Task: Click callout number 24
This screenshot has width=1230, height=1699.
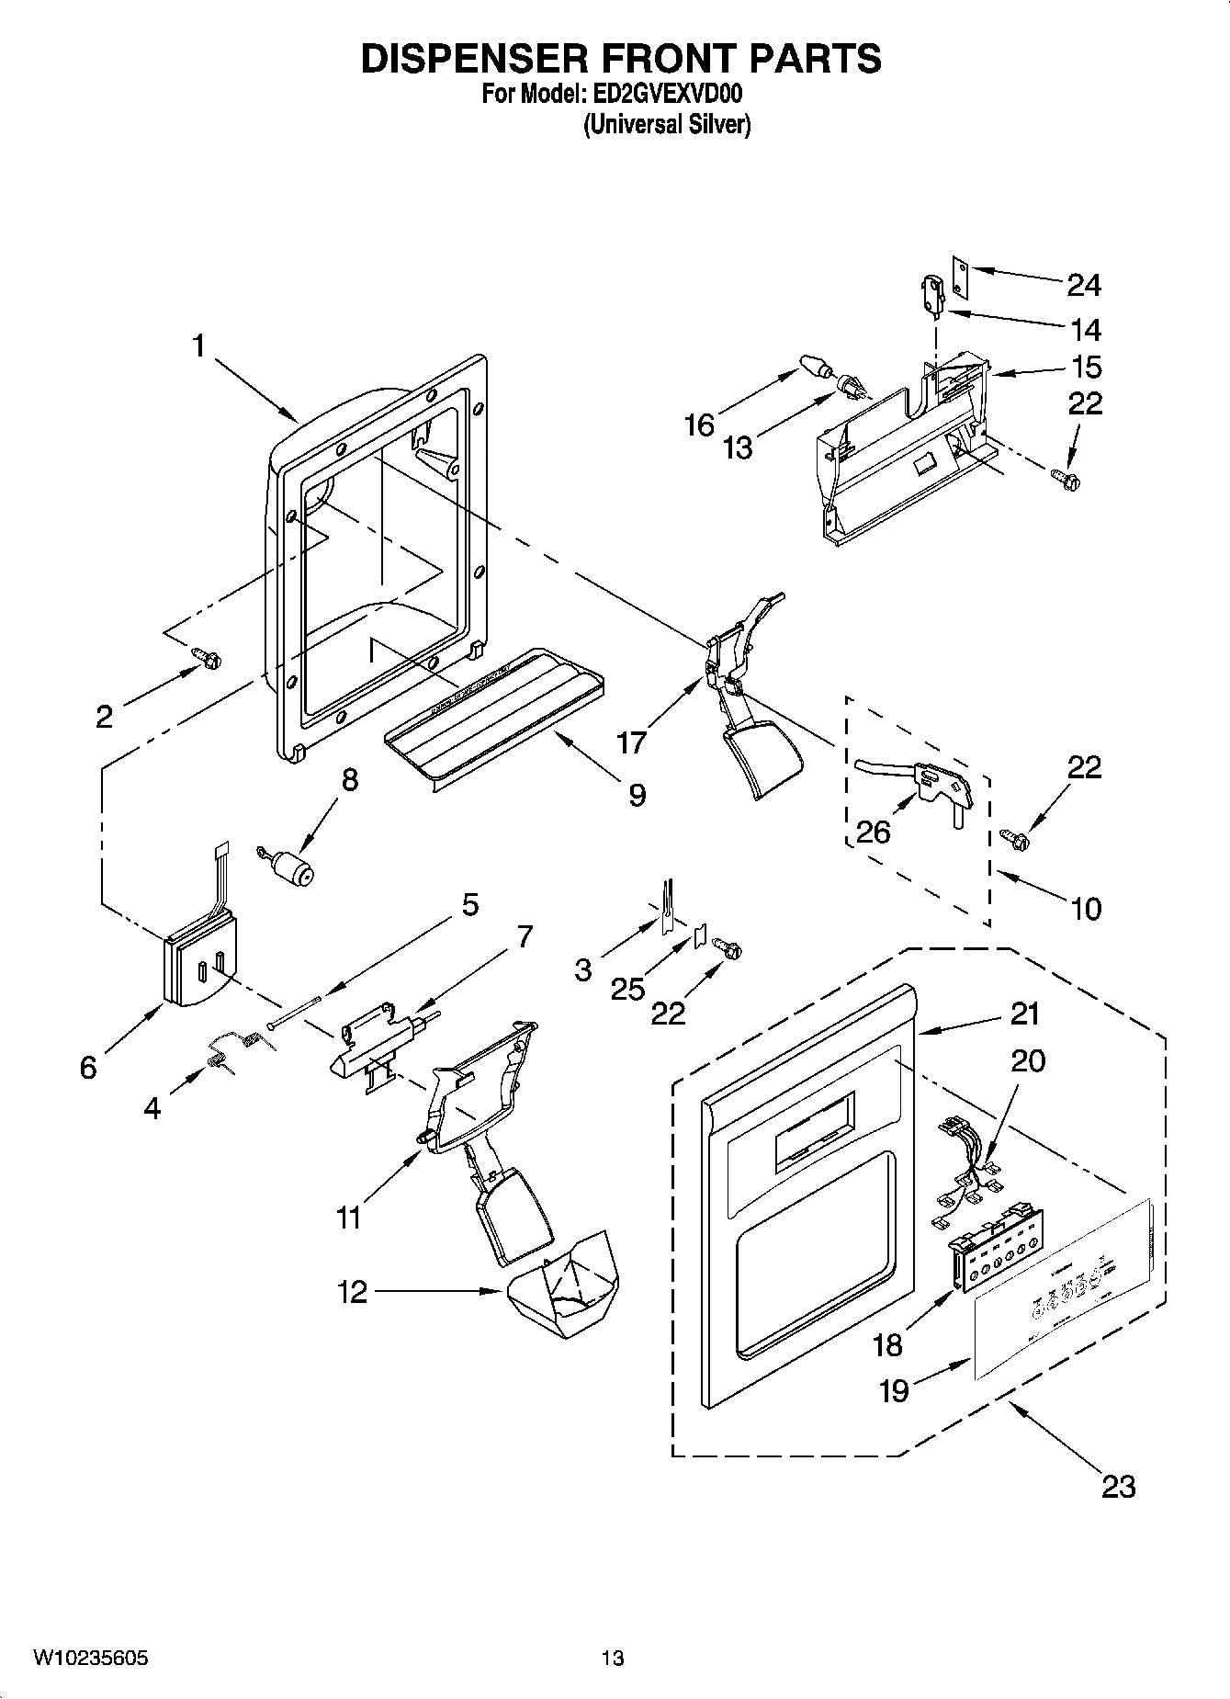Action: [x=1084, y=285]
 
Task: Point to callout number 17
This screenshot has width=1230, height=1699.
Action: [x=632, y=741]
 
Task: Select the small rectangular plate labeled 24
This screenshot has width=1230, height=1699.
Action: [x=960, y=277]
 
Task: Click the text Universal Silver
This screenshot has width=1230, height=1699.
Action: [x=667, y=124]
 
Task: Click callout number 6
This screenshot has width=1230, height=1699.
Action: [x=88, y=1068]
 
